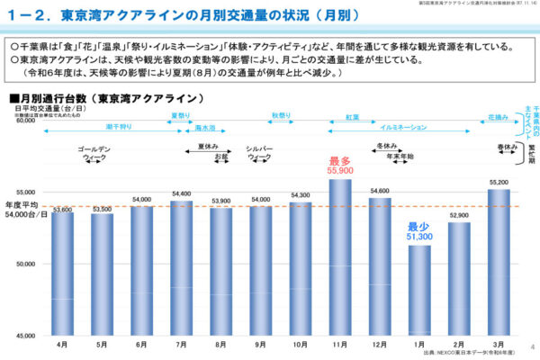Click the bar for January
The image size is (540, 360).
click(419, 288)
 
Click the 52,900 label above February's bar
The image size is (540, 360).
click(459, 216)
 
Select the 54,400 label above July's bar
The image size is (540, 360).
click(182, 193)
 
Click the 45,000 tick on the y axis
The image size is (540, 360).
click(26, 336)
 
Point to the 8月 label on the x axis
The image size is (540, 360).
click(221, 344)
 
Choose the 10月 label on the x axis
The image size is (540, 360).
click(301, 344)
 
